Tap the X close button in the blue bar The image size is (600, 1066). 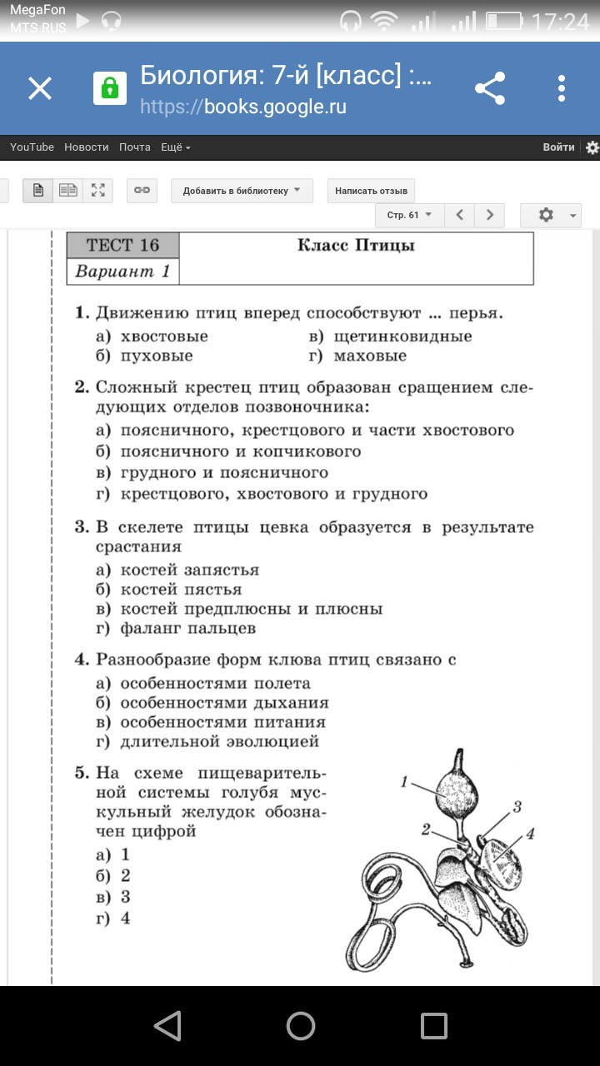(x=40, y=88)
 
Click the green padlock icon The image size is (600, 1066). (x=109, y=88)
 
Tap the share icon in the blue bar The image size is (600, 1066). (x=490, y=88)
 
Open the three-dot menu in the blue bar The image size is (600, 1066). (x=562, y=88)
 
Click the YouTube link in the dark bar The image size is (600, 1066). (x=32, y=147)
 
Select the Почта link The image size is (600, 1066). (x=134, y=147)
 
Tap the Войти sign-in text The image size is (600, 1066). (x=558, y=147)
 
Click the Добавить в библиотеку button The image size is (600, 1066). (x=242, y=191)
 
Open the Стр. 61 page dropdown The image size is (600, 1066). (x=409, y=215)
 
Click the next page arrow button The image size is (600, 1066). (x=490, y=215)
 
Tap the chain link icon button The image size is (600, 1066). (x=142, y=191)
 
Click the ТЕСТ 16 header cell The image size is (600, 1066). (x=122, y=245)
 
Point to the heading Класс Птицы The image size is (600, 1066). (x=356, y=245)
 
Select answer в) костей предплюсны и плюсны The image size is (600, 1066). (x=240, y=609)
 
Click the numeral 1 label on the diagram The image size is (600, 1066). (x=404, y=781)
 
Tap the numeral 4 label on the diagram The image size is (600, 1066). (x=530, y=833)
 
